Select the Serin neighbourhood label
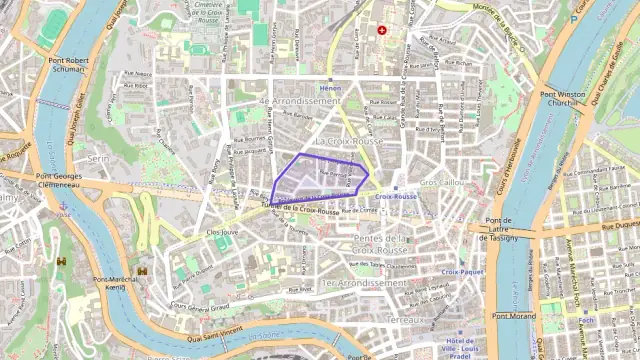pyautogui.click(x=97, y=158)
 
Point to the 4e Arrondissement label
pyautogui.click(x=300, y=101)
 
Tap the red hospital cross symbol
pyautogui.click(x=381, y=30)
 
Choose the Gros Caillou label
pyautogui.click(x=441, y=183)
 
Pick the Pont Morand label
pyautogui.click(x=516, y=316)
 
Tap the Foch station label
pyautogui.click(x=586, y=320)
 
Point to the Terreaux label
pyautogui.click(x=406, y=319)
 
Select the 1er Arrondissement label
pyautogui.click(x=364, y=283)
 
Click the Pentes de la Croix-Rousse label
pyautogui.click(x=381, y=244)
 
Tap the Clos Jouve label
pyautogui.click(x=222, y=231)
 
